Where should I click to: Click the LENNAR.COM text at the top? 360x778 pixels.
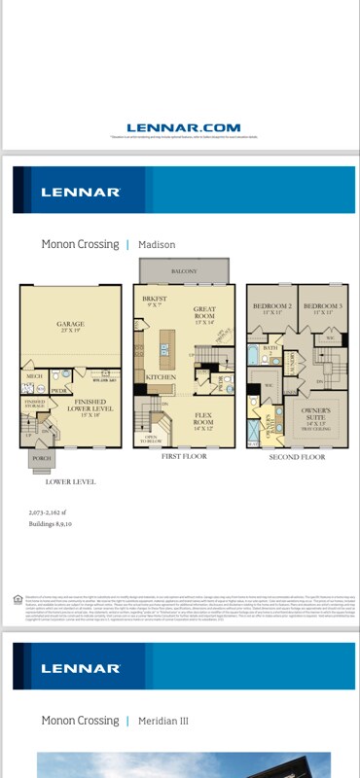(x=183, y=127)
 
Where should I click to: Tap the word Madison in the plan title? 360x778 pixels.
(x=157, y=244)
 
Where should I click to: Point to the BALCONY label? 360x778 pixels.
(x=184, y=271)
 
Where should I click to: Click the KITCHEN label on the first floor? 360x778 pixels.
(x=160, y=377)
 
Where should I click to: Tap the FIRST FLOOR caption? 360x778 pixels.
(x=184, y=456)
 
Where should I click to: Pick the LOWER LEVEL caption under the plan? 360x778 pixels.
(x=70, y=480)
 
